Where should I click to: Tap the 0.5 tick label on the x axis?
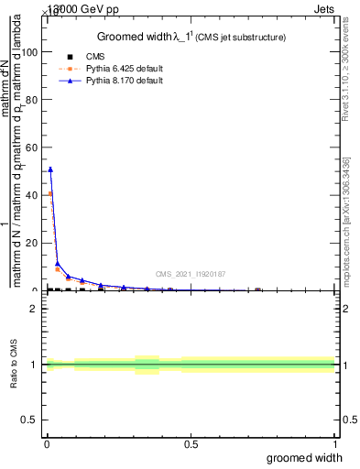point(190,444)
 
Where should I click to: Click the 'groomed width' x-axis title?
point(305,457)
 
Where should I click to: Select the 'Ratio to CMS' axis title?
point(15,364)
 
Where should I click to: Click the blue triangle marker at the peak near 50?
point(50,169)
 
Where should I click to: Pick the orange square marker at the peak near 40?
point(50,194)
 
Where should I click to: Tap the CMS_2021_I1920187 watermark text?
point(190,273)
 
